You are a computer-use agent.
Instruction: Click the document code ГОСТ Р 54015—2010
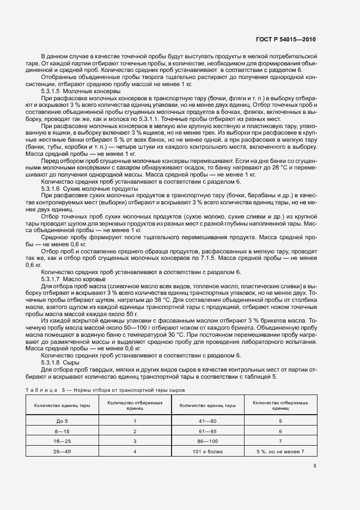[x=285, y=40]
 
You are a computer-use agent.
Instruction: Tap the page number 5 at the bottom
[x=315, y=466]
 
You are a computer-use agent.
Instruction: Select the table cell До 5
[x=62, y=421]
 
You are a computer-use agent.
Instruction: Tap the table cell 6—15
[x=62, y=431]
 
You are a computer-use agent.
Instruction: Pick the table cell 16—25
[x=62, y=441]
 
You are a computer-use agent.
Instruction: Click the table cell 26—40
[x=62, y=451]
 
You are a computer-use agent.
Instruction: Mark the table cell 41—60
[x=208, y=421]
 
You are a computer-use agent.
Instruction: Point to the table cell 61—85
[x=208, y=431]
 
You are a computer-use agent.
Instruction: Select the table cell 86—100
[x=208, y=441]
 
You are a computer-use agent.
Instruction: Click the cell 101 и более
[x=208, y=451]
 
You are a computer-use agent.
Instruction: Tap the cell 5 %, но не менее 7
[x=280, y=451]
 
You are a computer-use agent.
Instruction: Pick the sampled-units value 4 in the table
[x=135, y=451]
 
